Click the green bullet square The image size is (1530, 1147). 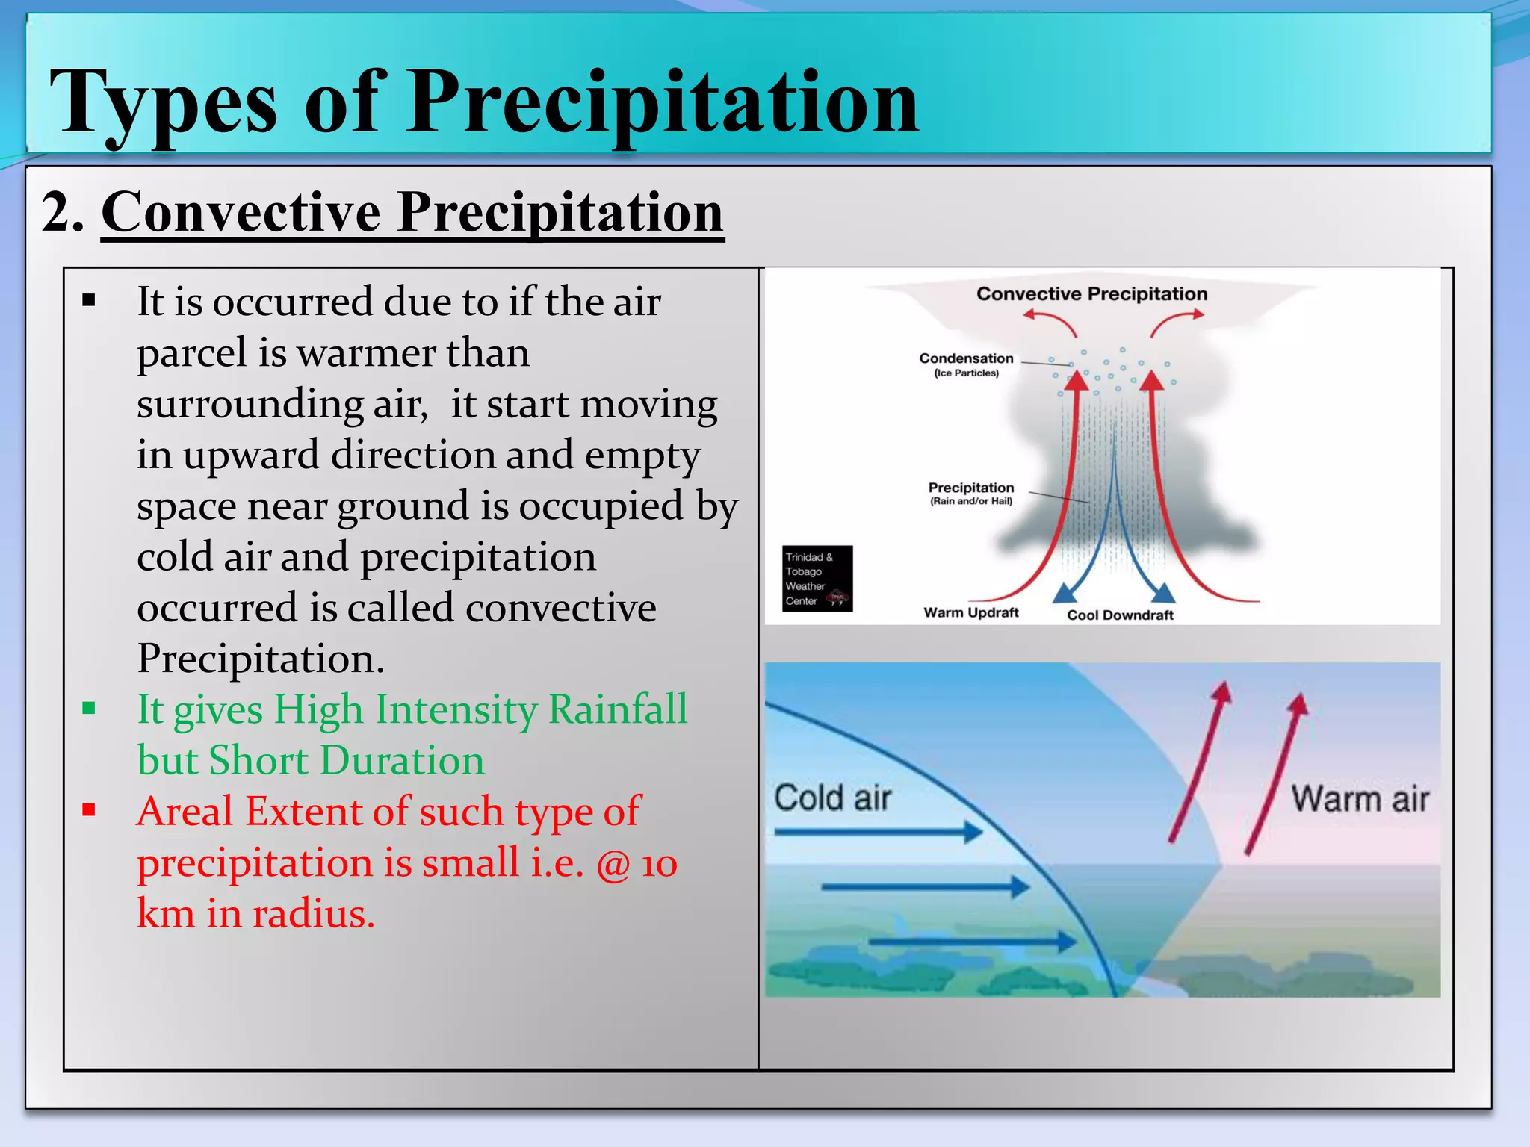tap(89, 708)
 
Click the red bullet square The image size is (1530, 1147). tap(89, 810)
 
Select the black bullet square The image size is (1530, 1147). tap(89, 301)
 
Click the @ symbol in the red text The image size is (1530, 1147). tap(613, 865)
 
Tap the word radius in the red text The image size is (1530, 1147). tap(313, 914)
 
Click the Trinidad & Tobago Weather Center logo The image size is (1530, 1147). tap(817, 579)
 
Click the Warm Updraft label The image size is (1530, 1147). tap(970, 612)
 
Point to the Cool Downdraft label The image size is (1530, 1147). tap(1119, 615)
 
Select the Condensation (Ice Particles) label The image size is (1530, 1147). tap(966, 364)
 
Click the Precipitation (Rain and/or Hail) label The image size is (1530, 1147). tap(970, 493)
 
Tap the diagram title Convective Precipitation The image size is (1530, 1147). tap(1091, 294)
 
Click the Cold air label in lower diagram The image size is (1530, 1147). tap(832, 798)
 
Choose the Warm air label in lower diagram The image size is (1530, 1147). tap(1360, 799)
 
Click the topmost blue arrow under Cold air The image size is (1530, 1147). tap(879, 832)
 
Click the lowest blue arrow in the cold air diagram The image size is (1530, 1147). tap(971, 942)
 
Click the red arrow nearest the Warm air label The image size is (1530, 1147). tap(1274, 773)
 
